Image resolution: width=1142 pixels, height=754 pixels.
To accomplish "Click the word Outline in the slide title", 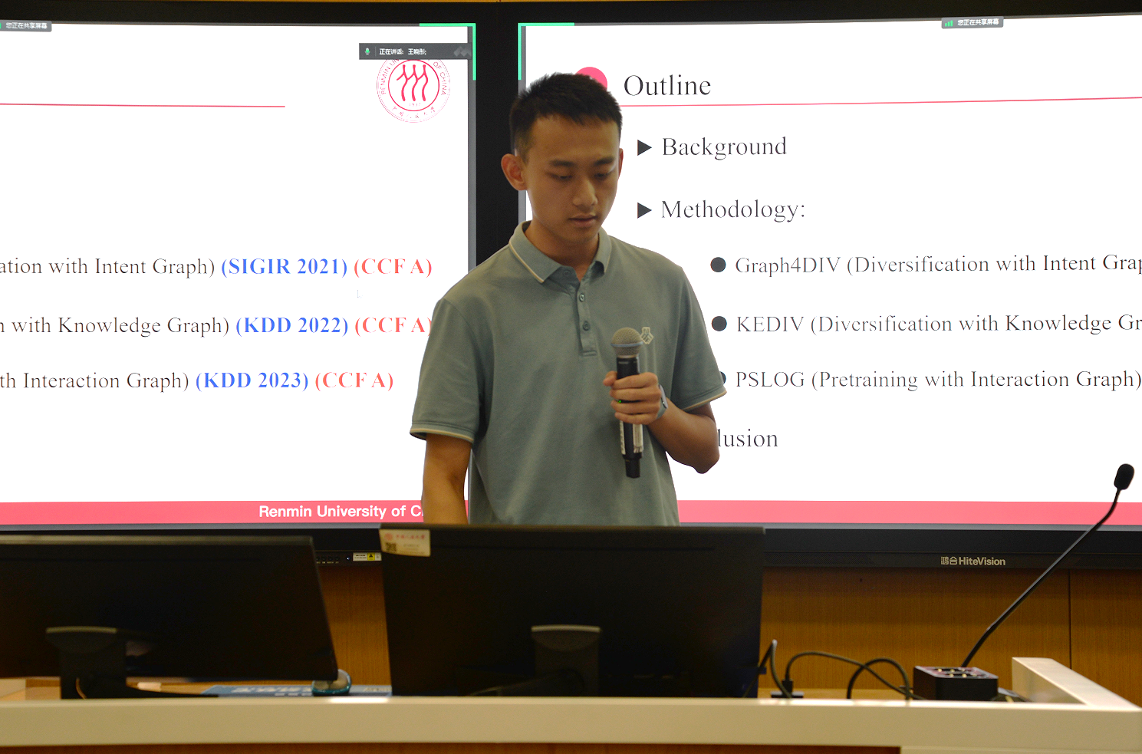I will pos(666,86).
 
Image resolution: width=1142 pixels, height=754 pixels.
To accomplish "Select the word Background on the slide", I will pos(724,147).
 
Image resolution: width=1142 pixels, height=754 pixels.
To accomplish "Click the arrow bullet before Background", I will pos(644,147).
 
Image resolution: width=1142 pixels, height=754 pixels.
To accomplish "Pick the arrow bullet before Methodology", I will pos(644,210).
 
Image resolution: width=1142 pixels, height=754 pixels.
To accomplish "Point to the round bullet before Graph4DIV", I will pos(718,265).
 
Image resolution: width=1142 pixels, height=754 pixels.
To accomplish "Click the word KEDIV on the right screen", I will pos(769,324).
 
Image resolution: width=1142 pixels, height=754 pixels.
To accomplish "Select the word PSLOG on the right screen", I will pos(769,380).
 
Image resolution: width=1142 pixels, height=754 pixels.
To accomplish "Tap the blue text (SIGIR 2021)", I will pos(284,267).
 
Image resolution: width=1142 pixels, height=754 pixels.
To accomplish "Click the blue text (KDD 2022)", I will pos(291,325).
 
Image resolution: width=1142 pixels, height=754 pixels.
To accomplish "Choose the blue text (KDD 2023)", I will pos(252,380).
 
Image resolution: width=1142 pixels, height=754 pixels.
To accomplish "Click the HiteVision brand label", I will pos(973,561).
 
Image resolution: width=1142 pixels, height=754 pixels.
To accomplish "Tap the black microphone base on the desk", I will pos(955,682).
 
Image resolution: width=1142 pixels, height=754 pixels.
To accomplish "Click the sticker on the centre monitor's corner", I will pos(404,542).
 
